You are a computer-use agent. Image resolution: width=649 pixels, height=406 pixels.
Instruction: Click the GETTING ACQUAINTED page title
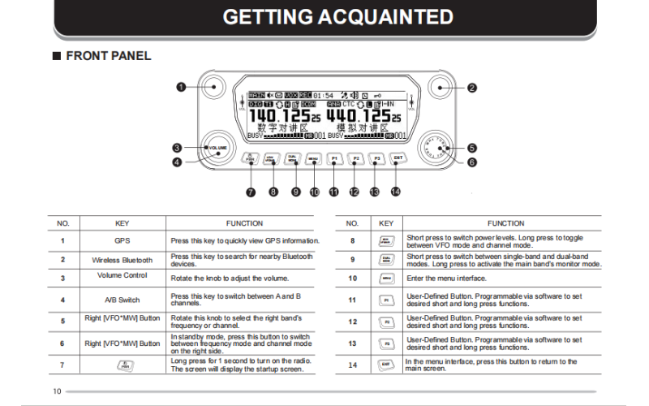(337, 17)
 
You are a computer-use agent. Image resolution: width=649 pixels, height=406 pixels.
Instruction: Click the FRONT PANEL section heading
(108, 56)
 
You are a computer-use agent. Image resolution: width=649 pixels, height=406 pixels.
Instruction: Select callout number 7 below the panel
(251, 192)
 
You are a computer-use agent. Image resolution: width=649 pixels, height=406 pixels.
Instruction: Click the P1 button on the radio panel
(334, 159)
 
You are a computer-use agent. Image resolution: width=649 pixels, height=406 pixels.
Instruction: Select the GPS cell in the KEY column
(122, 241)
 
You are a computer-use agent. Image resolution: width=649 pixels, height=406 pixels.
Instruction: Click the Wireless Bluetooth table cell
(122, 261)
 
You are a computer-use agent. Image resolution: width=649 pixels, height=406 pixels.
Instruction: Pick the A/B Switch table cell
(122, 300)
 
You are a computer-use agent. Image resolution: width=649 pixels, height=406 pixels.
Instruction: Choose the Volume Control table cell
(122, 275)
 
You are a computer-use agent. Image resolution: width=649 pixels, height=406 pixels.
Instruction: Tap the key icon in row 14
(386, 365)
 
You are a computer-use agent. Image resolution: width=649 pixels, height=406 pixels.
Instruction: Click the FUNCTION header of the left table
(244, 222)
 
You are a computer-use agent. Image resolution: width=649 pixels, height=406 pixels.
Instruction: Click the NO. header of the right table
(352, 222)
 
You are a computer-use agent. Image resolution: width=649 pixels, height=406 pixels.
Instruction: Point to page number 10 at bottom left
(57, 391)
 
